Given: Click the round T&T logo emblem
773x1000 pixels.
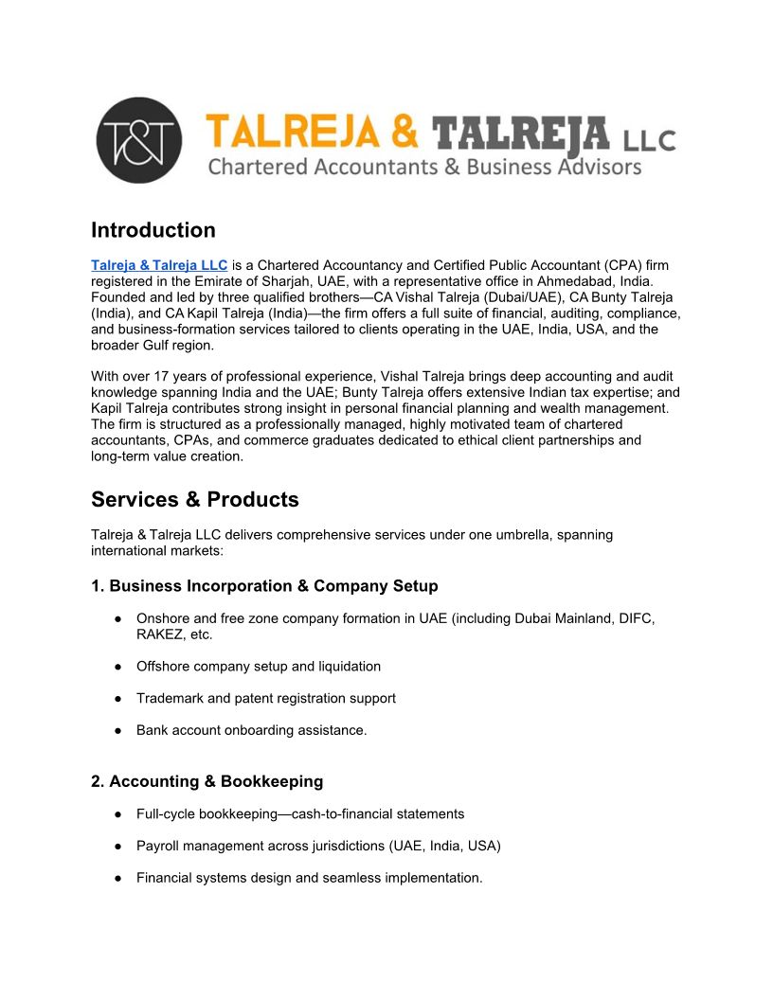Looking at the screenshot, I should [x=140, y=140].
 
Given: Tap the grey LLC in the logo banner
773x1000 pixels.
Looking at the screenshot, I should [x=649, y=141].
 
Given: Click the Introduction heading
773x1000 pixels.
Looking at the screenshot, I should [x=153, y=230].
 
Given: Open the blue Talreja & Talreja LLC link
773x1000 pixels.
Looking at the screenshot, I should [x=159, y=265].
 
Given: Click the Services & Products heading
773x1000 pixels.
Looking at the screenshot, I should [x=194, y=499].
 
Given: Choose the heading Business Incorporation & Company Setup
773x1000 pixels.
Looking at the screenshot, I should [x=264, y=585].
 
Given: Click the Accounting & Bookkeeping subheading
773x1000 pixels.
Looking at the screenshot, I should [x=207, y=781].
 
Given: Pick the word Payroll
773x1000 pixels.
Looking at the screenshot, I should [x=158, y=846].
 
